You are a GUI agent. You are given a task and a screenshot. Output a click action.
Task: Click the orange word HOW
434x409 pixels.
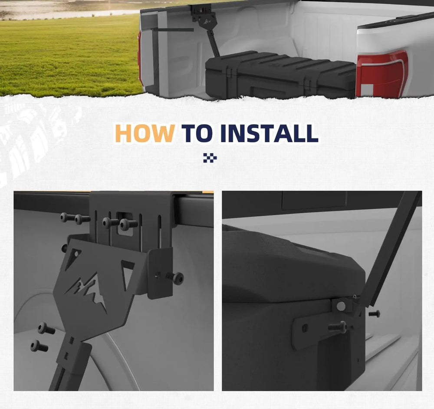145,133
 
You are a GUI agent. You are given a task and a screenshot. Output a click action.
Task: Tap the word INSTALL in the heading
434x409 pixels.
269,133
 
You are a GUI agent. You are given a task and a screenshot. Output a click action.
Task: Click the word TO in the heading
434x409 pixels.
197,133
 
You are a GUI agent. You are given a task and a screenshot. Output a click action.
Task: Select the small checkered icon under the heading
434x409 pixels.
210,158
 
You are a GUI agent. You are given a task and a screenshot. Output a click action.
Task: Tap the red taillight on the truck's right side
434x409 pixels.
382,74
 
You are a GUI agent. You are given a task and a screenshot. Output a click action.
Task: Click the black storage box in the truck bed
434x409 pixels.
280,75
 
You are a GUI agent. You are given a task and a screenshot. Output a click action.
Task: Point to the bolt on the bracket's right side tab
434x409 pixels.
175,278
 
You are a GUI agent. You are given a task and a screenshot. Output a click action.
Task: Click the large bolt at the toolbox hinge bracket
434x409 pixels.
337,327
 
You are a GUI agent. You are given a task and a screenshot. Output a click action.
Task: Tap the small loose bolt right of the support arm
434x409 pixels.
374,314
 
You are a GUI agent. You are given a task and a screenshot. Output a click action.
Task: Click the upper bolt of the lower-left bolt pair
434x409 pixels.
46,328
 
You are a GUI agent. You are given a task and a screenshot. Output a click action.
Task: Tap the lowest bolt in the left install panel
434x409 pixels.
39,346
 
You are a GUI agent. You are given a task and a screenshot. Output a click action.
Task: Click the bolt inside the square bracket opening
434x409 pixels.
128,224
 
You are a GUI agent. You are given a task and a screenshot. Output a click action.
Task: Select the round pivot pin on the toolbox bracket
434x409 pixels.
341,306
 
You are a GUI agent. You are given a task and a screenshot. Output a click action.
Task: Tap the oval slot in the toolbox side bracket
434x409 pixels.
305,328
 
